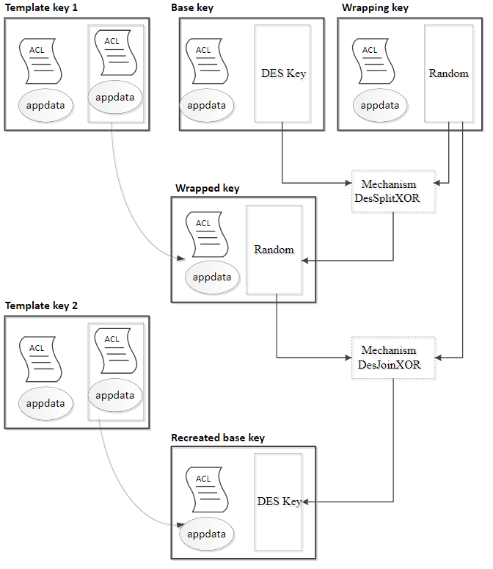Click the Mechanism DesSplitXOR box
click(x=393, y=192)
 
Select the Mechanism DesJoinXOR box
click(x=393, y=358)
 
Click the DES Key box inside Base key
click(x=282, y=73)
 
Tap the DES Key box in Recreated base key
click(x=279, y=502)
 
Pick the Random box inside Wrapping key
click(x=448, y=73)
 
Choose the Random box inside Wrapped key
click(x=274, y=250)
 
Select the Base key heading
click(x=193, y=8)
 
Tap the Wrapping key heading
click(x=375, y=8)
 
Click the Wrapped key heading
click(x=207, y=188)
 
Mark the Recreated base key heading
click(x=218, y=438)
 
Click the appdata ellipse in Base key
click(x=206, y=105)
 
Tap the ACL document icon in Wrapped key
click(x=203, y=234)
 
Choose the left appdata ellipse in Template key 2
click(x=45, y=403)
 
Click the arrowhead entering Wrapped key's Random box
click(x=307, y=260)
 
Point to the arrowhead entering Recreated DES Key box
click(x=307, y=502)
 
